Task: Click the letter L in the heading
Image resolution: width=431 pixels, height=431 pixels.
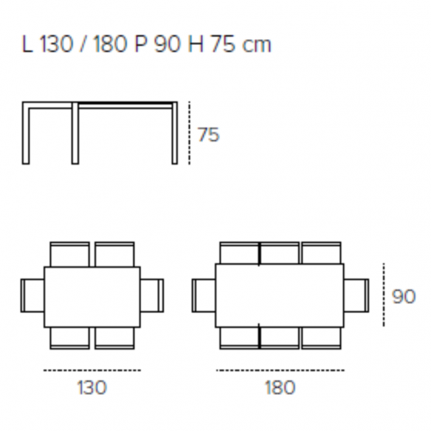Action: pyautogui.click(x=27, y=44)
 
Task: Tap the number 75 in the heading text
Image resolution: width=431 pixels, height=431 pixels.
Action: pyautogui.click(x=224, y=44)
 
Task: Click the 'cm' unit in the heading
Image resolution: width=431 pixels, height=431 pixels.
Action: pyautogui.click(x=257, y=46)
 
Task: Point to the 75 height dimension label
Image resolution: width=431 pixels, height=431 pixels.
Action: pyautogui.click(x=209, y=134)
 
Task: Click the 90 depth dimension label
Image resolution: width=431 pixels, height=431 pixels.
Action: pyautogui.click(x=404, y=297)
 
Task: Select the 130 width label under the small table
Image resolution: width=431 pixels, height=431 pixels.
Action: pyautogui.click(x=92, y=387)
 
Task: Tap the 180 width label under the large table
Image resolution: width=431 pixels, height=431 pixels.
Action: pyautogui.click(x=280, y=387)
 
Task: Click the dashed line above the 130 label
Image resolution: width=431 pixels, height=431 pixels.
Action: pyautogui.click(x=92, y=370)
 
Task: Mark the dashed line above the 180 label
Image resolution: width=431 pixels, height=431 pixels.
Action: pyautogui.click(x=280, y=370)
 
